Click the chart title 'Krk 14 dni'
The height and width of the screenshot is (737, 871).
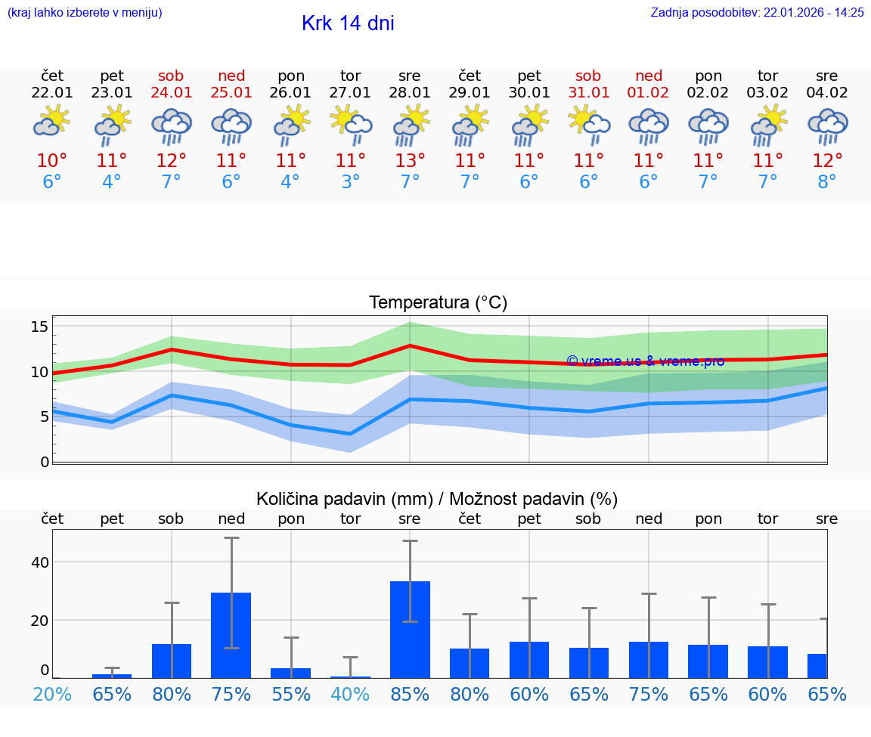coord(348,23)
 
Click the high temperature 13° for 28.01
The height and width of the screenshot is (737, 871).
coord(410,160)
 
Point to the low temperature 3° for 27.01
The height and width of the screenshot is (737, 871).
coord(350,182)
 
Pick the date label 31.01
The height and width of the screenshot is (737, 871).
coord(588,93)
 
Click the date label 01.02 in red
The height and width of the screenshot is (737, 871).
coord(648,93)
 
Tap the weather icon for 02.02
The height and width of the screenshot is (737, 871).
coord(708,125)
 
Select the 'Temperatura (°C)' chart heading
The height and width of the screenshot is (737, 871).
coord(438,303)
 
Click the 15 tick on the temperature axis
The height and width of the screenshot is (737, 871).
coord(39,327)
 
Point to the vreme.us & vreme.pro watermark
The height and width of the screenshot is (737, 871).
coord(645,361)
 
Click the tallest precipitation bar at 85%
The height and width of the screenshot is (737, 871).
coord(410,629)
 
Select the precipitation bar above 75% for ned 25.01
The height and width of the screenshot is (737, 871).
coord(231,635)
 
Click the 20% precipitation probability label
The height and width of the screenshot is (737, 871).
coord(52,694)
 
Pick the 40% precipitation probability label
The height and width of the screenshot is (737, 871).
coord(350,694)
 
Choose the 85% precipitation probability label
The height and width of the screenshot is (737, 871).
coord(410,694)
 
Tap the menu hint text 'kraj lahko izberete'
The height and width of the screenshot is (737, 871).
coord(84,13)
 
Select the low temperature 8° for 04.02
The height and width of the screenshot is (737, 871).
coord(827,182)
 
